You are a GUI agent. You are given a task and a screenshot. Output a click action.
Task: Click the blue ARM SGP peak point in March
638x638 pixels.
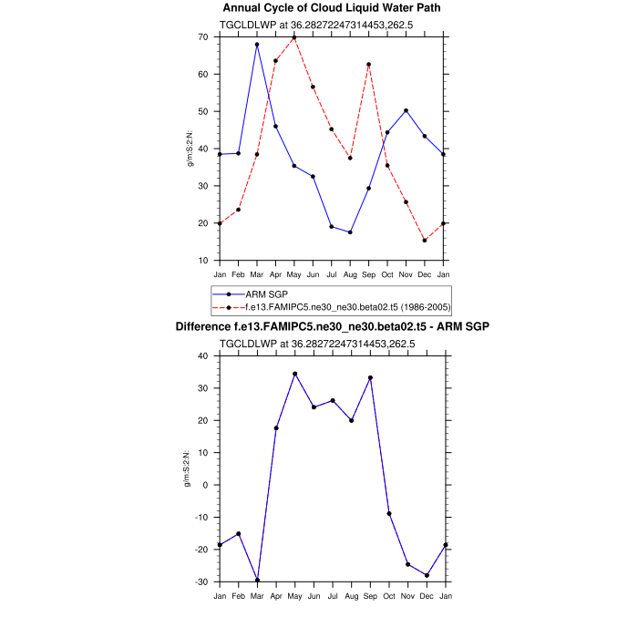(x=257, y=45)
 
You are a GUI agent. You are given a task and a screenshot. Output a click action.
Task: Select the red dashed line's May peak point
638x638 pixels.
(x=294, y=37)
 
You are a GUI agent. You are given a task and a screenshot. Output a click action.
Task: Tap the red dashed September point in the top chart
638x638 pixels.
(x=368, y=65)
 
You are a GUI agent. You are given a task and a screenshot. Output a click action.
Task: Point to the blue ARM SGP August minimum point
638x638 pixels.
(x=350, y=232)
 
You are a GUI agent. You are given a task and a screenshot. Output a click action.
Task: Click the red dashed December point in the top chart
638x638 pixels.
(x=425, y=241)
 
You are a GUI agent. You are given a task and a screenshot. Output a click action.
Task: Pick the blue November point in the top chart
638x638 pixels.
(x=406, y=110)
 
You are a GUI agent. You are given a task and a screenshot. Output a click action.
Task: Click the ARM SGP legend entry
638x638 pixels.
(x=264, y=294)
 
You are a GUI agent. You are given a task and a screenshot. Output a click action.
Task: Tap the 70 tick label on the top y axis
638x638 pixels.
(x=202, y=37)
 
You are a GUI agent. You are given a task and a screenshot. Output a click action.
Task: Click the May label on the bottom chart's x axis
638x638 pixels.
(x=294, y=595)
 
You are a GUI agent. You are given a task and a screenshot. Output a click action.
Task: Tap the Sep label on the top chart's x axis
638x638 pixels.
(x=368, y=273)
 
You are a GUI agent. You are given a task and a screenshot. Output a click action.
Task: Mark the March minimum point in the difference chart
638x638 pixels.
(x=257, y=580)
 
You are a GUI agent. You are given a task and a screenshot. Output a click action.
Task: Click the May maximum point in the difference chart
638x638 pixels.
(x=294, y=374)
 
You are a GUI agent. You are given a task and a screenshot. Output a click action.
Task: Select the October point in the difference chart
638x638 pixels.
(x=387, y=513)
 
